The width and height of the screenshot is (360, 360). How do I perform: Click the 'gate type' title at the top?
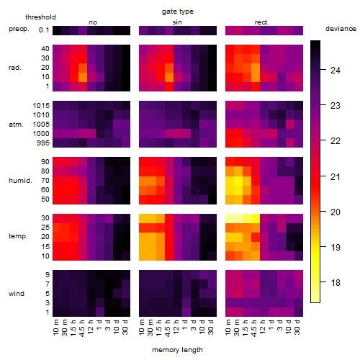pos(178,12)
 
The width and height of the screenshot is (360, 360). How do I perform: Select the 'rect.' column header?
pos(262,22)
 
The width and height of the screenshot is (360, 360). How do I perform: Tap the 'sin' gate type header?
pos(177,22)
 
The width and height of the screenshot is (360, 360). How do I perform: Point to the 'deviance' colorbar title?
pos(341,29)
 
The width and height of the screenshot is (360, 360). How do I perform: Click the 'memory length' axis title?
pos(178,350)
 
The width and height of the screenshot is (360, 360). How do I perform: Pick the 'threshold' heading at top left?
pos(40,17)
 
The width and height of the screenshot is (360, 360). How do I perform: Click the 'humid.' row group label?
pos(20,181)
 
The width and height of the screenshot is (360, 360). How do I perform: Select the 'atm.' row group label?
pos(16,125)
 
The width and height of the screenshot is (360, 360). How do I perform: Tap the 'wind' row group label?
pos(17,294)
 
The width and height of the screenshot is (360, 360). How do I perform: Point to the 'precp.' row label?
pos(19,29)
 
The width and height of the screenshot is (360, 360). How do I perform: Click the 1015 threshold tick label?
pos(41,106)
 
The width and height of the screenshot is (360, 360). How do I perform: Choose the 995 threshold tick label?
pos(43,143)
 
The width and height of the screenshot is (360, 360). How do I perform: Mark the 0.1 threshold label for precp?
pos(44,30)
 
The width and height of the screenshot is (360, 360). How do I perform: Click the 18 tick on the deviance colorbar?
pos(336,283)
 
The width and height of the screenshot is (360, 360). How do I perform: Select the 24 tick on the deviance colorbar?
pos(336,71)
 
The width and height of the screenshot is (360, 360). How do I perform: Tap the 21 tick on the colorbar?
pos(336,177)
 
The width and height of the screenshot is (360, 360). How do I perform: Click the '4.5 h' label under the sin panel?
pos(168,328)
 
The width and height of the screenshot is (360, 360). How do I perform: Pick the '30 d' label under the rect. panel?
pos(297,327)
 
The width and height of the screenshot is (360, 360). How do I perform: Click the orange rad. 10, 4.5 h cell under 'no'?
pos(83,77)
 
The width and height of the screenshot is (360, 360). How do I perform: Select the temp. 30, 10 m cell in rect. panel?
pos(230,218)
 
